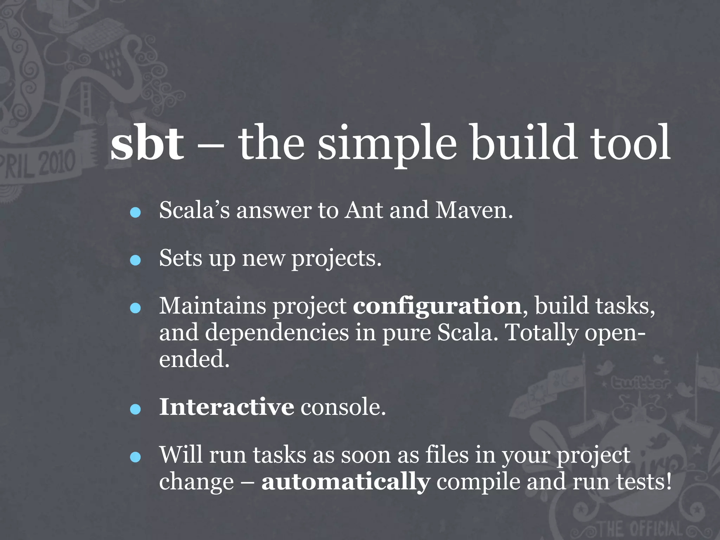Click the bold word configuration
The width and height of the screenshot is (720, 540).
pyautogui.click(x=437, y=306)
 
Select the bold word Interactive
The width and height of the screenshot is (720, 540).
pyautogui.click(x=226, y=407)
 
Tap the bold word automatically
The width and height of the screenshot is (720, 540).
pyautogui.click(x=346, y=482)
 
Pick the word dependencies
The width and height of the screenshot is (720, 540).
pyautogui.click(x=277, y=333)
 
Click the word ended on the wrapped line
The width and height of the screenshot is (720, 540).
pyautogui.click(x=194, y=359)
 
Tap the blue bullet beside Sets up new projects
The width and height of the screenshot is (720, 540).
pyautogui.click(x=135, y=261)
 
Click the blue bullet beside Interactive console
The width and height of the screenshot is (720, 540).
pyautogui.click(x=135, y=409)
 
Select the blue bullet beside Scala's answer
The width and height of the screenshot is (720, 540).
pyautogui.click(x=135, y=213)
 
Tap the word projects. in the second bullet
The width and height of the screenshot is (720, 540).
pyautogui.click(x=336, y=258)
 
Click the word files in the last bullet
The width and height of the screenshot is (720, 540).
pyautogui.click(x=447, y=455)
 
